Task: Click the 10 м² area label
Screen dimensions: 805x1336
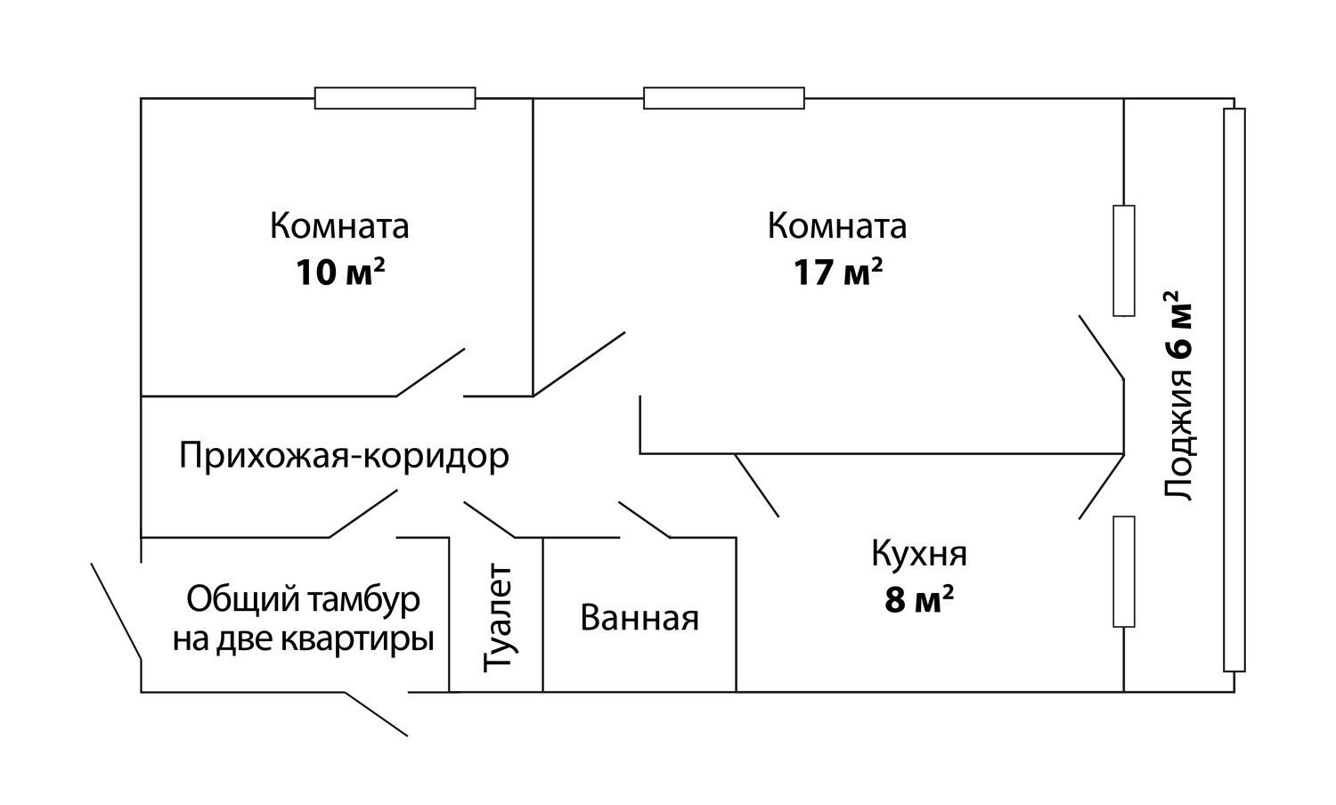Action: point(340,272)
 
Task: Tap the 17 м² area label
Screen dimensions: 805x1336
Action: point(838,272)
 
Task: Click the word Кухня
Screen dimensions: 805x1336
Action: point(919,554)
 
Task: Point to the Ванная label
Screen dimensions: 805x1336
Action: point(639,617)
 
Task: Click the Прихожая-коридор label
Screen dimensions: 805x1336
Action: point(344,456)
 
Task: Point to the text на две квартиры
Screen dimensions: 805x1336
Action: point(303,638)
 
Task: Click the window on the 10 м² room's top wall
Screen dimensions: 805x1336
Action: point(395,98)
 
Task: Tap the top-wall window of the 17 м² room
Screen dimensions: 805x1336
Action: point(723,98)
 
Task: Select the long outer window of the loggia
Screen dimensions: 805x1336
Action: point(1234,390)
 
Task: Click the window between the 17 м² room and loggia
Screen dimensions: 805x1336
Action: point(1124,260)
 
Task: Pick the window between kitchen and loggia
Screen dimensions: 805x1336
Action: point(1124,571)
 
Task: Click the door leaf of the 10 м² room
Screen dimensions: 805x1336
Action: point(431,371)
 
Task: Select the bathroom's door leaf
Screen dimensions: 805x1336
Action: point(644,520)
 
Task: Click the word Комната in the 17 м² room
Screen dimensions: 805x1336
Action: point(837,226)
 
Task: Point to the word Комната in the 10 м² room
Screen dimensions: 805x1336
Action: point(339,226)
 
